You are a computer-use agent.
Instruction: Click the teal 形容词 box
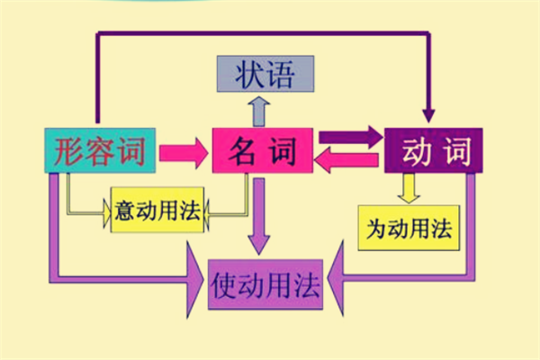[x=100, y=149]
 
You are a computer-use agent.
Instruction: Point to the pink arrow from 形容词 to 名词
[x=183, y=150]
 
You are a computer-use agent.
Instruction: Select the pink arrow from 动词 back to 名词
[x=346, y=163]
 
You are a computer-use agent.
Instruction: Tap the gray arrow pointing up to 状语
[x=259, y=110]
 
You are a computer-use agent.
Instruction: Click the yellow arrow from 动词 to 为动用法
[x=408, y=186]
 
